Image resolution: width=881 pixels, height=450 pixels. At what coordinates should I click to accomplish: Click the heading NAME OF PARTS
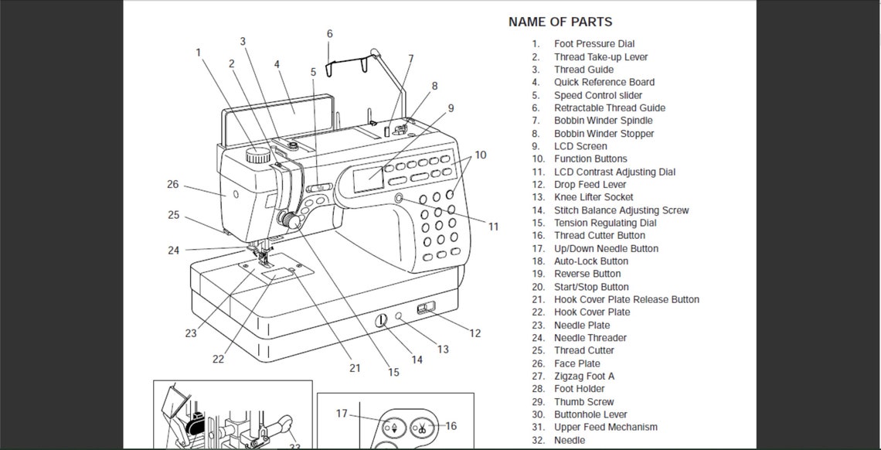point(560,22)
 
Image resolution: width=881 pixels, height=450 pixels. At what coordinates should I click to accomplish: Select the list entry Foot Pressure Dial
point(594,44)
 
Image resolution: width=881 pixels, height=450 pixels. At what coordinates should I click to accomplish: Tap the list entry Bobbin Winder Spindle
point(603,121)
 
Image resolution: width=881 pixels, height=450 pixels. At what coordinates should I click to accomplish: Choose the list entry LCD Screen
point(580,146)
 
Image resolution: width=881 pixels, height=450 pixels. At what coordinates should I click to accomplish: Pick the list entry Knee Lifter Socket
point(594,197)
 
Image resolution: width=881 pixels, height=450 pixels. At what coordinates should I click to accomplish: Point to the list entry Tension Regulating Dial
point(605,223)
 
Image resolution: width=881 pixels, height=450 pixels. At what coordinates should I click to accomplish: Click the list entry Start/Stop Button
point(591,287)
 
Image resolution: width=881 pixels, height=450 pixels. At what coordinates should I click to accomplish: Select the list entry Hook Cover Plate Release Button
point(626,299)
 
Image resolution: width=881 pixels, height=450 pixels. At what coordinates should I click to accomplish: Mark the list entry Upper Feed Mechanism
point(605,427)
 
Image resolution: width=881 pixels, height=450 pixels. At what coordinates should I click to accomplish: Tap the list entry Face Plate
point(577,363)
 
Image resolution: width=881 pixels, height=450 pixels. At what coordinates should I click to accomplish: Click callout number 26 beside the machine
point(172,184)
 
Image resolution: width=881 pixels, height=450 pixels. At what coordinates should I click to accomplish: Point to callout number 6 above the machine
point(329,34)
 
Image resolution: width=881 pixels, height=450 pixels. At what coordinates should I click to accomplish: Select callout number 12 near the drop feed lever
point(475,333)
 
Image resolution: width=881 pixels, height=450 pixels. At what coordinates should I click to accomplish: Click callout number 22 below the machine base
point(218,359)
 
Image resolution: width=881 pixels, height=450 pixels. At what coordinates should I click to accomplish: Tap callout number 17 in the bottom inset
point(342,414)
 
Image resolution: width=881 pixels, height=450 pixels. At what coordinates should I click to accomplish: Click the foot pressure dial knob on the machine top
point(257,154)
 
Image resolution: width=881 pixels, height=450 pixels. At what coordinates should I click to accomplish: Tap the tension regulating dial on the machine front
point(291,221)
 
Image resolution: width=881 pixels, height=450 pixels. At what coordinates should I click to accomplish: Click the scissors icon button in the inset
point(423,426)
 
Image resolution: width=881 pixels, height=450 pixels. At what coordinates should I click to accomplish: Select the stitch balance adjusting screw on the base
point(381,320)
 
